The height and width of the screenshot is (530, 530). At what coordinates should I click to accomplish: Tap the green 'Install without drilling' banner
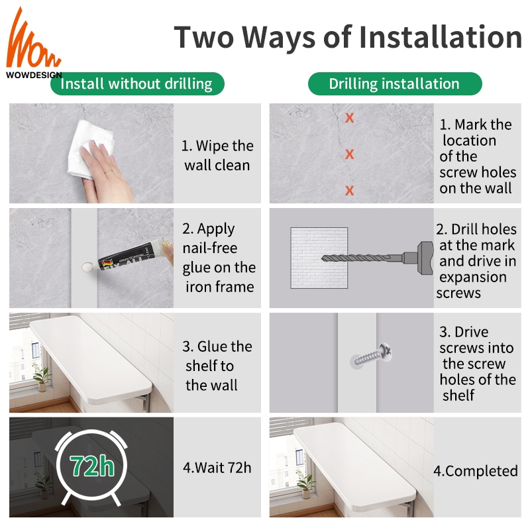tap(137, 83)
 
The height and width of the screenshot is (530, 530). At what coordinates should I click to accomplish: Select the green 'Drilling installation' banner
tap(395, 83)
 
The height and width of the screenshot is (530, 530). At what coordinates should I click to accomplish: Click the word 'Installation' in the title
tap(440, 37)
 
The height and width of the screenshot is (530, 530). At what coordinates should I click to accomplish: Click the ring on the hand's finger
tap(108, 172)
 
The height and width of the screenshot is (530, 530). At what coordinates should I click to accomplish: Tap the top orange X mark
tap(350, 118)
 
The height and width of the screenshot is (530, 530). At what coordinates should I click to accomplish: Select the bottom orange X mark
tap(350, 191)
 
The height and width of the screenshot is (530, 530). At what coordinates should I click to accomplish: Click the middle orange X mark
tap(350, 154)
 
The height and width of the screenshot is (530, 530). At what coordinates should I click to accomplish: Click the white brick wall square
tap(319, 258)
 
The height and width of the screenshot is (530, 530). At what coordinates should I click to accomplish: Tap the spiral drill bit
tap(362, 258)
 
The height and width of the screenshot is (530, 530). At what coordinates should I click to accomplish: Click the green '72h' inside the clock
tap(92, 466)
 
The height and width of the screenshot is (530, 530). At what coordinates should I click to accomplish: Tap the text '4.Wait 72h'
tap(217, 468)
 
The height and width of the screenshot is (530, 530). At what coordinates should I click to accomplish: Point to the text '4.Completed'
tap(476, 471)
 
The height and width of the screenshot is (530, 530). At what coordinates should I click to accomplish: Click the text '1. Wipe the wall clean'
tap(217, 156)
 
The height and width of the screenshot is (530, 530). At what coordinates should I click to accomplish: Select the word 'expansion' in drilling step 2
tap(473, 278)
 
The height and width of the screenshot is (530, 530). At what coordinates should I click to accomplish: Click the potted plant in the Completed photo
tap(307, 483)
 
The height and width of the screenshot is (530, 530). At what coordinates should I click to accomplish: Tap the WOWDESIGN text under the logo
tap(34, 75)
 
